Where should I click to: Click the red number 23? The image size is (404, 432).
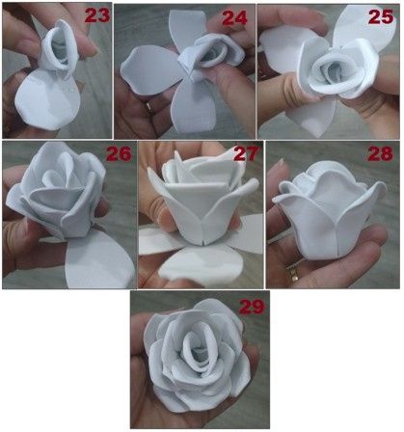point(96,14)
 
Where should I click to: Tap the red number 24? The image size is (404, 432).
point(234,17)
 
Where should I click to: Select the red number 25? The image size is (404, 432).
point(381,15)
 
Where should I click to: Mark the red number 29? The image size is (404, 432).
point(252,307)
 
